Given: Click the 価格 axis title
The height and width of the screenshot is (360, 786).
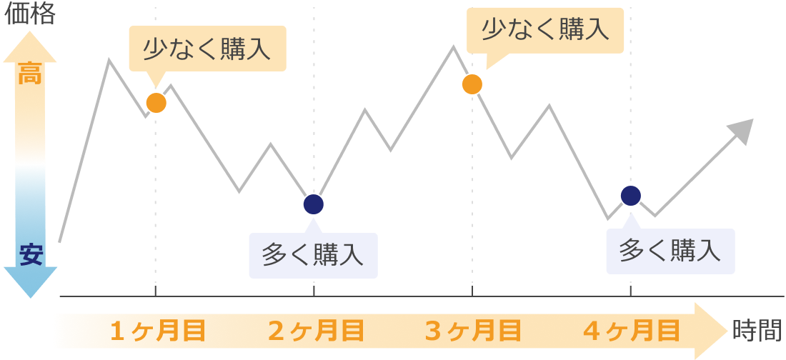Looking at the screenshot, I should (30, 15).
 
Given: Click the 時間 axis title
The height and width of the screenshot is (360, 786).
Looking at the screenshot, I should (757, 330).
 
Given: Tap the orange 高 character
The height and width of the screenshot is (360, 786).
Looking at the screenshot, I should (30, 74).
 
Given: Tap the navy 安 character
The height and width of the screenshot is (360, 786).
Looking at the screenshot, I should (31, 254).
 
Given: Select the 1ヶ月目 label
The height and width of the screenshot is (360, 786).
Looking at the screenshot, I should (158, 331).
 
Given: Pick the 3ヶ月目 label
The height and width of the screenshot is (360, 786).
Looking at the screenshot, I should (473, 331).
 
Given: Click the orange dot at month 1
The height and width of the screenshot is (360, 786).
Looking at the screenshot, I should (156, 103).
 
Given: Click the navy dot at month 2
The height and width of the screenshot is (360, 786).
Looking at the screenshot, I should (314, 204).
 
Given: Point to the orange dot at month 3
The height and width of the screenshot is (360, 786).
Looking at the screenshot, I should (472, 84).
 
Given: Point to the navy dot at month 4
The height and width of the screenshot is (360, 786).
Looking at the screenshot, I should (631, 195).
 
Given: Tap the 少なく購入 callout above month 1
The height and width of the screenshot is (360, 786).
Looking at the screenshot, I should (207, 49).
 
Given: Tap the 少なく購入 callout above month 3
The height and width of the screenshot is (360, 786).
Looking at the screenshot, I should (545, 30).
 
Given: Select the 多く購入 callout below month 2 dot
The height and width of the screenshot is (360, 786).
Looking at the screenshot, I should (313, 254).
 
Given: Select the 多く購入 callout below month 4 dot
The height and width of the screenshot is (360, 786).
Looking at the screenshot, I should (670, 251).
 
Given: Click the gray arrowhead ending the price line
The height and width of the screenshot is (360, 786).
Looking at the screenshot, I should (742, 130).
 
